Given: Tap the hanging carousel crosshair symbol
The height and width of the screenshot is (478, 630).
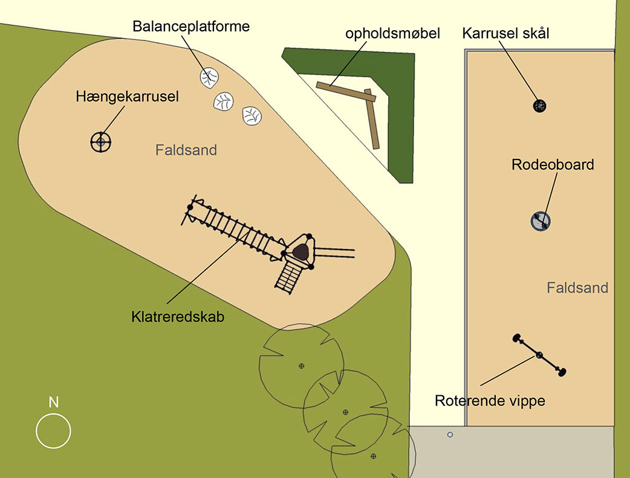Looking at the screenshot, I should tap(101, 142).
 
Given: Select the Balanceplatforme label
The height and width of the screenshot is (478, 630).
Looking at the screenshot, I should tap(191, 27).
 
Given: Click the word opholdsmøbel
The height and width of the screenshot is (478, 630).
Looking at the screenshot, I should tap(392, 33).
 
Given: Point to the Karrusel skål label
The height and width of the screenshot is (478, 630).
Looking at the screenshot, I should tap(505, 33).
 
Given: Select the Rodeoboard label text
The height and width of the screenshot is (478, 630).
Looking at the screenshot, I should tap(553, 164).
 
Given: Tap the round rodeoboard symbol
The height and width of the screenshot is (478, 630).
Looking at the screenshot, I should tap(541, 221).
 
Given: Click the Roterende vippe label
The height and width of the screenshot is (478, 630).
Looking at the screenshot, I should tap(490, 400).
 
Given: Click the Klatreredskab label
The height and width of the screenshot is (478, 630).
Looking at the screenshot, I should tap(178, 316).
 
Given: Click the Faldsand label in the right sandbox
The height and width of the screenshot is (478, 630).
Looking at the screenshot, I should tap(577, 288).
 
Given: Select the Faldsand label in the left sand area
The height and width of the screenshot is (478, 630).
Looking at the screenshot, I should tap(186, 150).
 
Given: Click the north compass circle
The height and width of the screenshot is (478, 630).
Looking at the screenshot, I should tap(53, 431).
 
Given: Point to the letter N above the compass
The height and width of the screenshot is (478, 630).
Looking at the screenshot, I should tap(54, 402).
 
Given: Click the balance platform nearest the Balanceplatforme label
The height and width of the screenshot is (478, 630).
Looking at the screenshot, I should tap(209, 77).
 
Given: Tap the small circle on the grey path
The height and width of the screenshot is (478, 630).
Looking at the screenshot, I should tap(450, 434).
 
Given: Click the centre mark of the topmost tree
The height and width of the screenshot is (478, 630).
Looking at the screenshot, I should tap(301, 366).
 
